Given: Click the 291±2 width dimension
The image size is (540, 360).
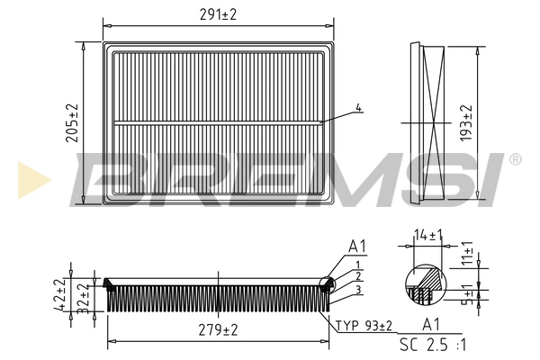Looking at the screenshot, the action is click(218, 14).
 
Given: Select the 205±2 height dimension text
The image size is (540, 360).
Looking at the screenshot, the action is click(72, 123).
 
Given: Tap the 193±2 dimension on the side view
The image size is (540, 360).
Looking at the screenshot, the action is click(466, 123).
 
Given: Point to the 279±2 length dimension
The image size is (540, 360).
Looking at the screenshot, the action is click(218, 330).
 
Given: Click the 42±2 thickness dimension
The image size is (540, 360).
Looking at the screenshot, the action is click(60, 295).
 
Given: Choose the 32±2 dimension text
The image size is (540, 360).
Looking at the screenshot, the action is click(83, 299).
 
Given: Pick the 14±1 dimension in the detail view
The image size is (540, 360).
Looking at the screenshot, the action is click(428, 235).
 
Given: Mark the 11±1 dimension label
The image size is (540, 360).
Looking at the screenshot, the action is click(468, 254).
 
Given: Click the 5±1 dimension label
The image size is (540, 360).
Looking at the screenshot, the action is click(468, 294).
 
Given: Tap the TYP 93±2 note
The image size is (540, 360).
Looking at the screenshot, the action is click(364, 326).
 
